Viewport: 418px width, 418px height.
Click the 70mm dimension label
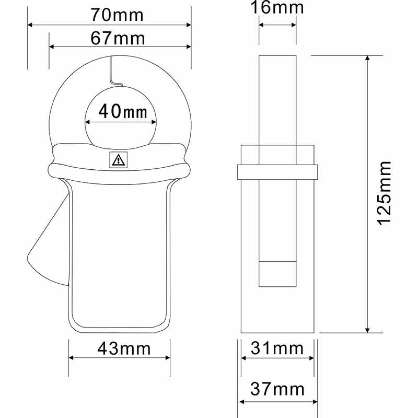[117, 15]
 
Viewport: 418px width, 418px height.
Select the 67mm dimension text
[118, 38]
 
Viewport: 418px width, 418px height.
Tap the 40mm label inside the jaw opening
[123, 111]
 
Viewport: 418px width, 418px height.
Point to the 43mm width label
[124, 348]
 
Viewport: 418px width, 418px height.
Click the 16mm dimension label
[277, 7]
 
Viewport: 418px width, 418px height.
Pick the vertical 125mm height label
[385, 193]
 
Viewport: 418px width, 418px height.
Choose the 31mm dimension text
[277, 348]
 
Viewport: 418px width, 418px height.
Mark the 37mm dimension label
[277, 389]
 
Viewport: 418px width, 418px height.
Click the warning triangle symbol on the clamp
[118, 160]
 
